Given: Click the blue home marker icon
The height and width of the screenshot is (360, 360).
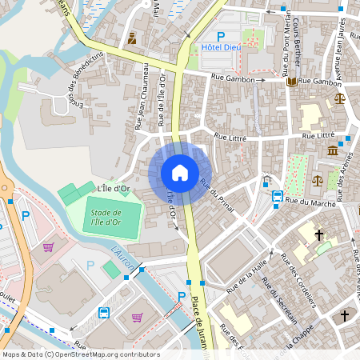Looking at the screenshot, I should point(180,172).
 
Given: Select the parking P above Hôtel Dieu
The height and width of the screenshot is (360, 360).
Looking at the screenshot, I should point(222,35).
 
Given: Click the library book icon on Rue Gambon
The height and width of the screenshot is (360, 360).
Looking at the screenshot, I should point(291,81).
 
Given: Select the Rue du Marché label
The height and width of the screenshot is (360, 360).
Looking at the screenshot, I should point(313,202).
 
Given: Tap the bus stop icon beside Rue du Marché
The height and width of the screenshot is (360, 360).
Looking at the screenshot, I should point(277,196).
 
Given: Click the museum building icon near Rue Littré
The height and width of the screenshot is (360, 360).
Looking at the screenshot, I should point(332,150).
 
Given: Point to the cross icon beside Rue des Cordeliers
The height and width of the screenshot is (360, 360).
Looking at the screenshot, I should point(319,235).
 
